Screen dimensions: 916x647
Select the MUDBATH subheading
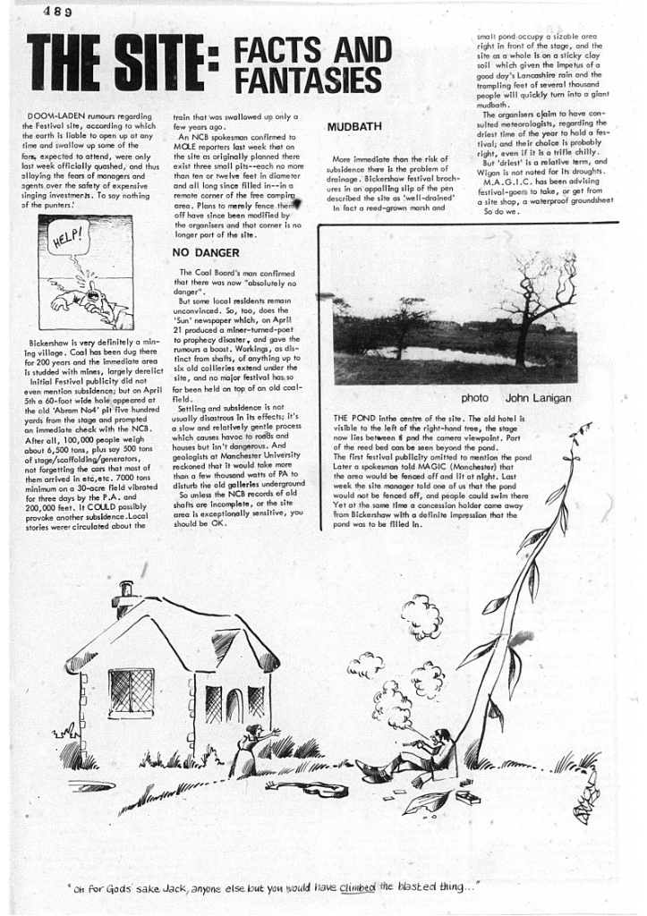[x=354, y=127]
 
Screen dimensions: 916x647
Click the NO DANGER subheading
[x=205, y=252]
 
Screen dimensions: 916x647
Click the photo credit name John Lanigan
[x=538, y=397]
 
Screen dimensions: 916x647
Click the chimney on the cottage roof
[x=126, y=590]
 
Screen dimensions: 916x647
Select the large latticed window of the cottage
[x=131, y=690]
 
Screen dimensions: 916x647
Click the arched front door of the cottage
[x=234, y=707]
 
